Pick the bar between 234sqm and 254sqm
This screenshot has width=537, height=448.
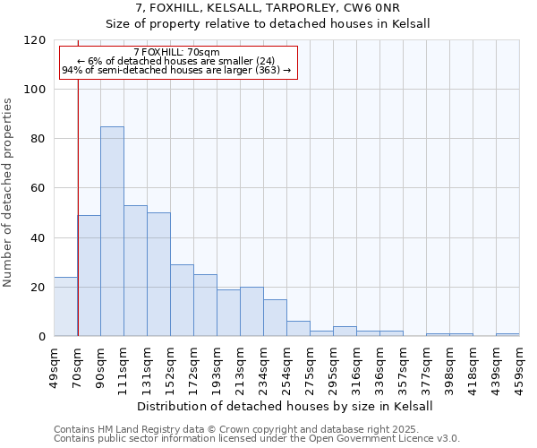tap(275, 318)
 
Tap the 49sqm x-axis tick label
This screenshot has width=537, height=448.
tap(55, 363)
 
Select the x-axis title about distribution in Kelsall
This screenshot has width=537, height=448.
tap(286, 406)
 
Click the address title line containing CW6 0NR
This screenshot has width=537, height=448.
tap(268, 8)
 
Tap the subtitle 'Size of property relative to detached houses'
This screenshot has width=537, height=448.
tap(268, 24)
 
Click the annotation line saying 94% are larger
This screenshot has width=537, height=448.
tap(176, 70)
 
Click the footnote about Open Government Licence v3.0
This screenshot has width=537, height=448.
tap(257, 439)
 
